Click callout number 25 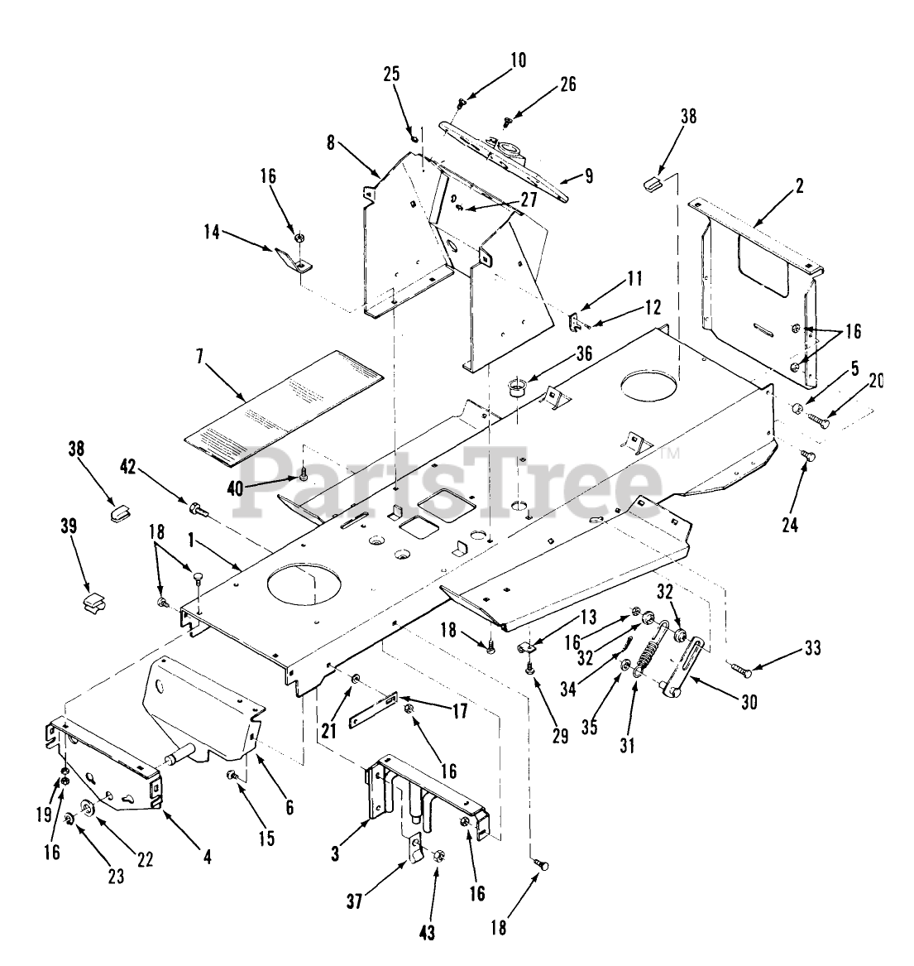point(391,73)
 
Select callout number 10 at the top point(518,60)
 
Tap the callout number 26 point(567,84)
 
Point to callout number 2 point(799,186)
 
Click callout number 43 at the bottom point(427,933)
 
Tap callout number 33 point(814,649)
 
